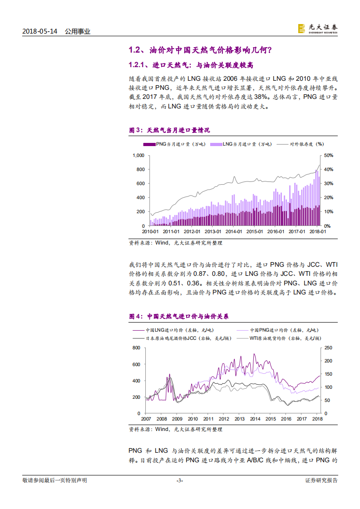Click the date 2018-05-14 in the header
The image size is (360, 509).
[40, 31]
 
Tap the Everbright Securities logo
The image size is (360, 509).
[318, 28]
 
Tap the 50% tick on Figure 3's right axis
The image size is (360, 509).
[329, 155]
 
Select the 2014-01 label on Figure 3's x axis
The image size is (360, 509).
[234, 231]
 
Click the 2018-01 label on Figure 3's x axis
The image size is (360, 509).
[318, 231]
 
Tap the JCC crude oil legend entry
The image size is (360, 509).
[170, 338]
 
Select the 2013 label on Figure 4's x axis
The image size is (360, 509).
[239, 419]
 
